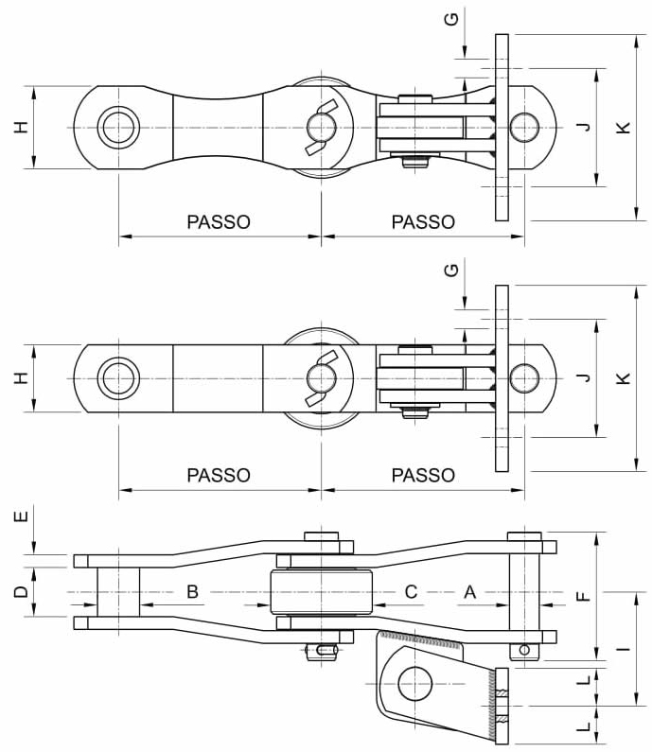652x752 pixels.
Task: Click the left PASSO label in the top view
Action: click(x=219, y=222)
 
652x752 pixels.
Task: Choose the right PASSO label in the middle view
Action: click(x=423, y=475)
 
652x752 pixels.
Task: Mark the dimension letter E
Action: click(x=21, y=517)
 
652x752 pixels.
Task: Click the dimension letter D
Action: click(x=21, y=593)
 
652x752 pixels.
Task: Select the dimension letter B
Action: click(x=192, y=592)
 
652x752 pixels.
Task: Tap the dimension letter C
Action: click(x=411, y=592)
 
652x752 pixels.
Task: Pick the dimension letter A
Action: click(x=469, y=592)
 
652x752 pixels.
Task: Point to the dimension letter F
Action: click(x=583, y=596)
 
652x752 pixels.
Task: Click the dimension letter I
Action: click(x=623, y=649)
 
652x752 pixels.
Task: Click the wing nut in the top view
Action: click(x=320, y=128)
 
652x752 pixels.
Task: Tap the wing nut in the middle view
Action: click(x=320, y=377)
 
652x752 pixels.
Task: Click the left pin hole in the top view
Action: click(x=118, y=128)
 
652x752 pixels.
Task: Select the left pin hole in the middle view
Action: click(x=118, y=377)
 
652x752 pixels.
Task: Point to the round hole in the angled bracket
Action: click(x=414, y=683)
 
